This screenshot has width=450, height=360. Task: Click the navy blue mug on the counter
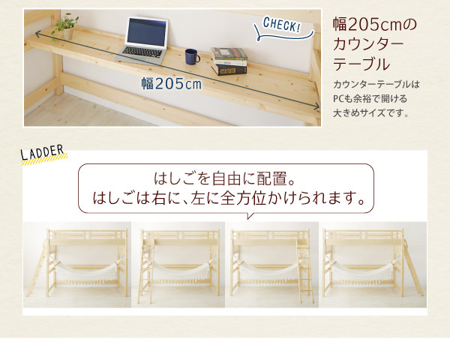click(192, 56)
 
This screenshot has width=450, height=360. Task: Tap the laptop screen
click(147, 33)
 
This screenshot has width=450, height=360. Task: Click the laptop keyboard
click(142, 52)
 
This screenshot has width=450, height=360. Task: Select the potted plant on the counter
click(66, 26)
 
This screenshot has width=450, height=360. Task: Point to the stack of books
click(229, 61)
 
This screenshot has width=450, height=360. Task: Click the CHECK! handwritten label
click(281, 25)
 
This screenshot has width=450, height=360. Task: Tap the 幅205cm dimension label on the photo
click(171, 84)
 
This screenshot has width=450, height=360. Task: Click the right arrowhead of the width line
click(316, 106)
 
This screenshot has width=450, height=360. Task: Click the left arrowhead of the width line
click(38, 34)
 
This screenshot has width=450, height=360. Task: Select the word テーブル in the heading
click(361, 64)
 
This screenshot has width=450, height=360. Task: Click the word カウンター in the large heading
click(368, 44)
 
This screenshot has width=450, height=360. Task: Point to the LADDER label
click(43, 152)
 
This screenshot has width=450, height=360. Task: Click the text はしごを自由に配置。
click(225, 178)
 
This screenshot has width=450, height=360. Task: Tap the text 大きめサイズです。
click(370, 113)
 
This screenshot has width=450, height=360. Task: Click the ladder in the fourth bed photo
click(413, 266)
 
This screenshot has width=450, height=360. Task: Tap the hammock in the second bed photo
click(180, 271)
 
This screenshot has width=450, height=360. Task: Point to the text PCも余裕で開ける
click(370, 99)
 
